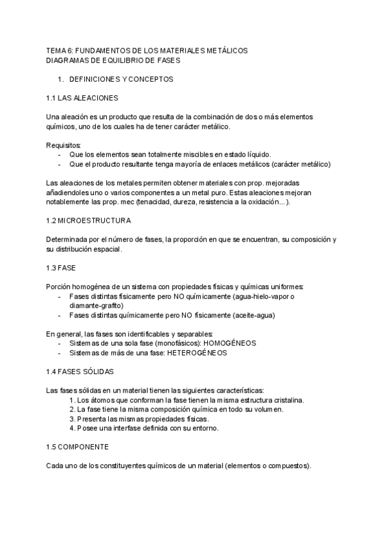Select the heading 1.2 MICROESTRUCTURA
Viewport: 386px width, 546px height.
pos(89,221)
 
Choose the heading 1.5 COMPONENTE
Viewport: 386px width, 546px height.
pos(78,447)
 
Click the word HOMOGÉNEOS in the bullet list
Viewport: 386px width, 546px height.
pos(230,343)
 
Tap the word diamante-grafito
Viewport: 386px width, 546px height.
pos(95,306)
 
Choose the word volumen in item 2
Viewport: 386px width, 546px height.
pos(268,409)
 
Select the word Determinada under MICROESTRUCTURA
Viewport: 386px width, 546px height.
pos(70,240)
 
